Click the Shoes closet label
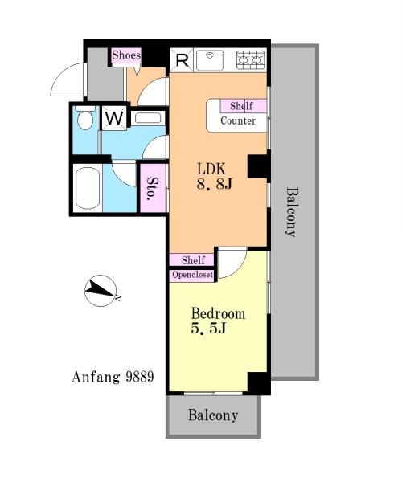tap(126, 55)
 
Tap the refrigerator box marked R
tap(182, 60)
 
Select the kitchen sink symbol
tap(210, 60)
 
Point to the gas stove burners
tap(251, 59)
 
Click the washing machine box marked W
tap(114, 118)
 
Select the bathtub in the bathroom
tap(88, 188)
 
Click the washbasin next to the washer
tap(148, 118)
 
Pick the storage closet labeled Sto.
tap(153, 188)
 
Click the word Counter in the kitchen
tap(238, 120)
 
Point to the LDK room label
tap(211, 170)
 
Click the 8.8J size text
tap(214, 184)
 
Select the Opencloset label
tap(192, 275)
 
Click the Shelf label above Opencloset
tap(192, 260)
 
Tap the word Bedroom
tap(218, 313)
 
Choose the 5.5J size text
tap(208, 329)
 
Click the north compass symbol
tap(100, 291)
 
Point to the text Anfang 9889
tap(113, 377)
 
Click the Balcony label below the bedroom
tap(213, 415)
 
